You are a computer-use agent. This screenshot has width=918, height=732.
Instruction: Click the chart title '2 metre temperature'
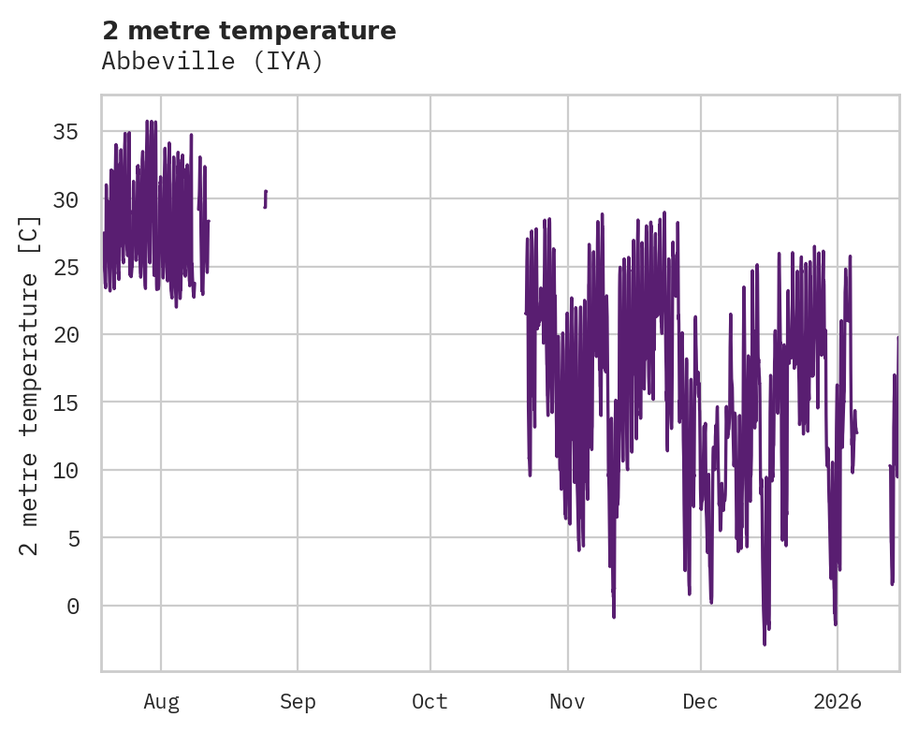pyautogui.click(x=249, y=31)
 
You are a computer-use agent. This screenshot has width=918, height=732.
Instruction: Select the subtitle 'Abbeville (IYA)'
pyautogui.click(x=212, y=62)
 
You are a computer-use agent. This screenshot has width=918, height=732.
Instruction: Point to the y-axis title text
pyautogui.click(x=30, y=385)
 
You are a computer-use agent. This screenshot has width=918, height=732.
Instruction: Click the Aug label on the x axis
pyautogui.click(x=161, y=702)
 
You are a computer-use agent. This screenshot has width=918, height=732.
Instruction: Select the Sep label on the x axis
pyautogui.click(x=298, y=702)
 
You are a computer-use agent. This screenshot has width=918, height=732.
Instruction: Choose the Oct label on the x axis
pyautogui.click(x=430, y=702)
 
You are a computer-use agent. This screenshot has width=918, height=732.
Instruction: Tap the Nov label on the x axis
pyautogui.click(x=567, y=702)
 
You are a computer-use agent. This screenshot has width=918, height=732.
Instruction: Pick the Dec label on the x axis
pyautogui.click(x=700, y=702)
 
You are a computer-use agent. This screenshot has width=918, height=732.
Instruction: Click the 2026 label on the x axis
pyautogui.click(x=837, y=702)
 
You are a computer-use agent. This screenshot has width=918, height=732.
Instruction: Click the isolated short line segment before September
pyautogui.click(x=266, y=198)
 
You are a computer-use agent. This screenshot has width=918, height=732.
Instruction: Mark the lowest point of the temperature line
pyautogui.click(x=765, y=644)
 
